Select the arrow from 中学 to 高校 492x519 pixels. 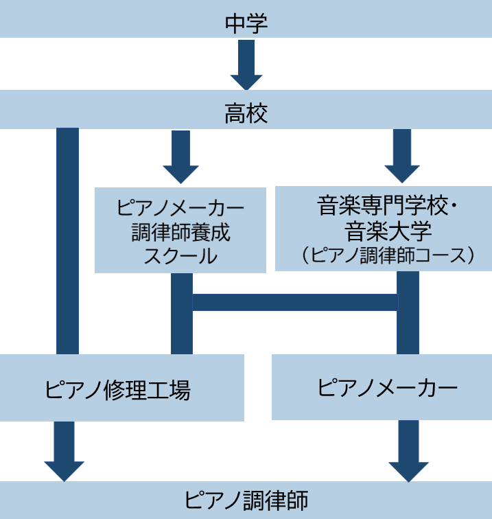click(x=246, y=65)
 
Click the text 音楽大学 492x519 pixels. click(x=383, y=230)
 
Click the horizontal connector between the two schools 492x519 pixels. click(x=295, y=302)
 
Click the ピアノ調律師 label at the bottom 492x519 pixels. click(x=246, y=500)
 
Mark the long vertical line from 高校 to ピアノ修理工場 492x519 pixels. click(x=67, y=240)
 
